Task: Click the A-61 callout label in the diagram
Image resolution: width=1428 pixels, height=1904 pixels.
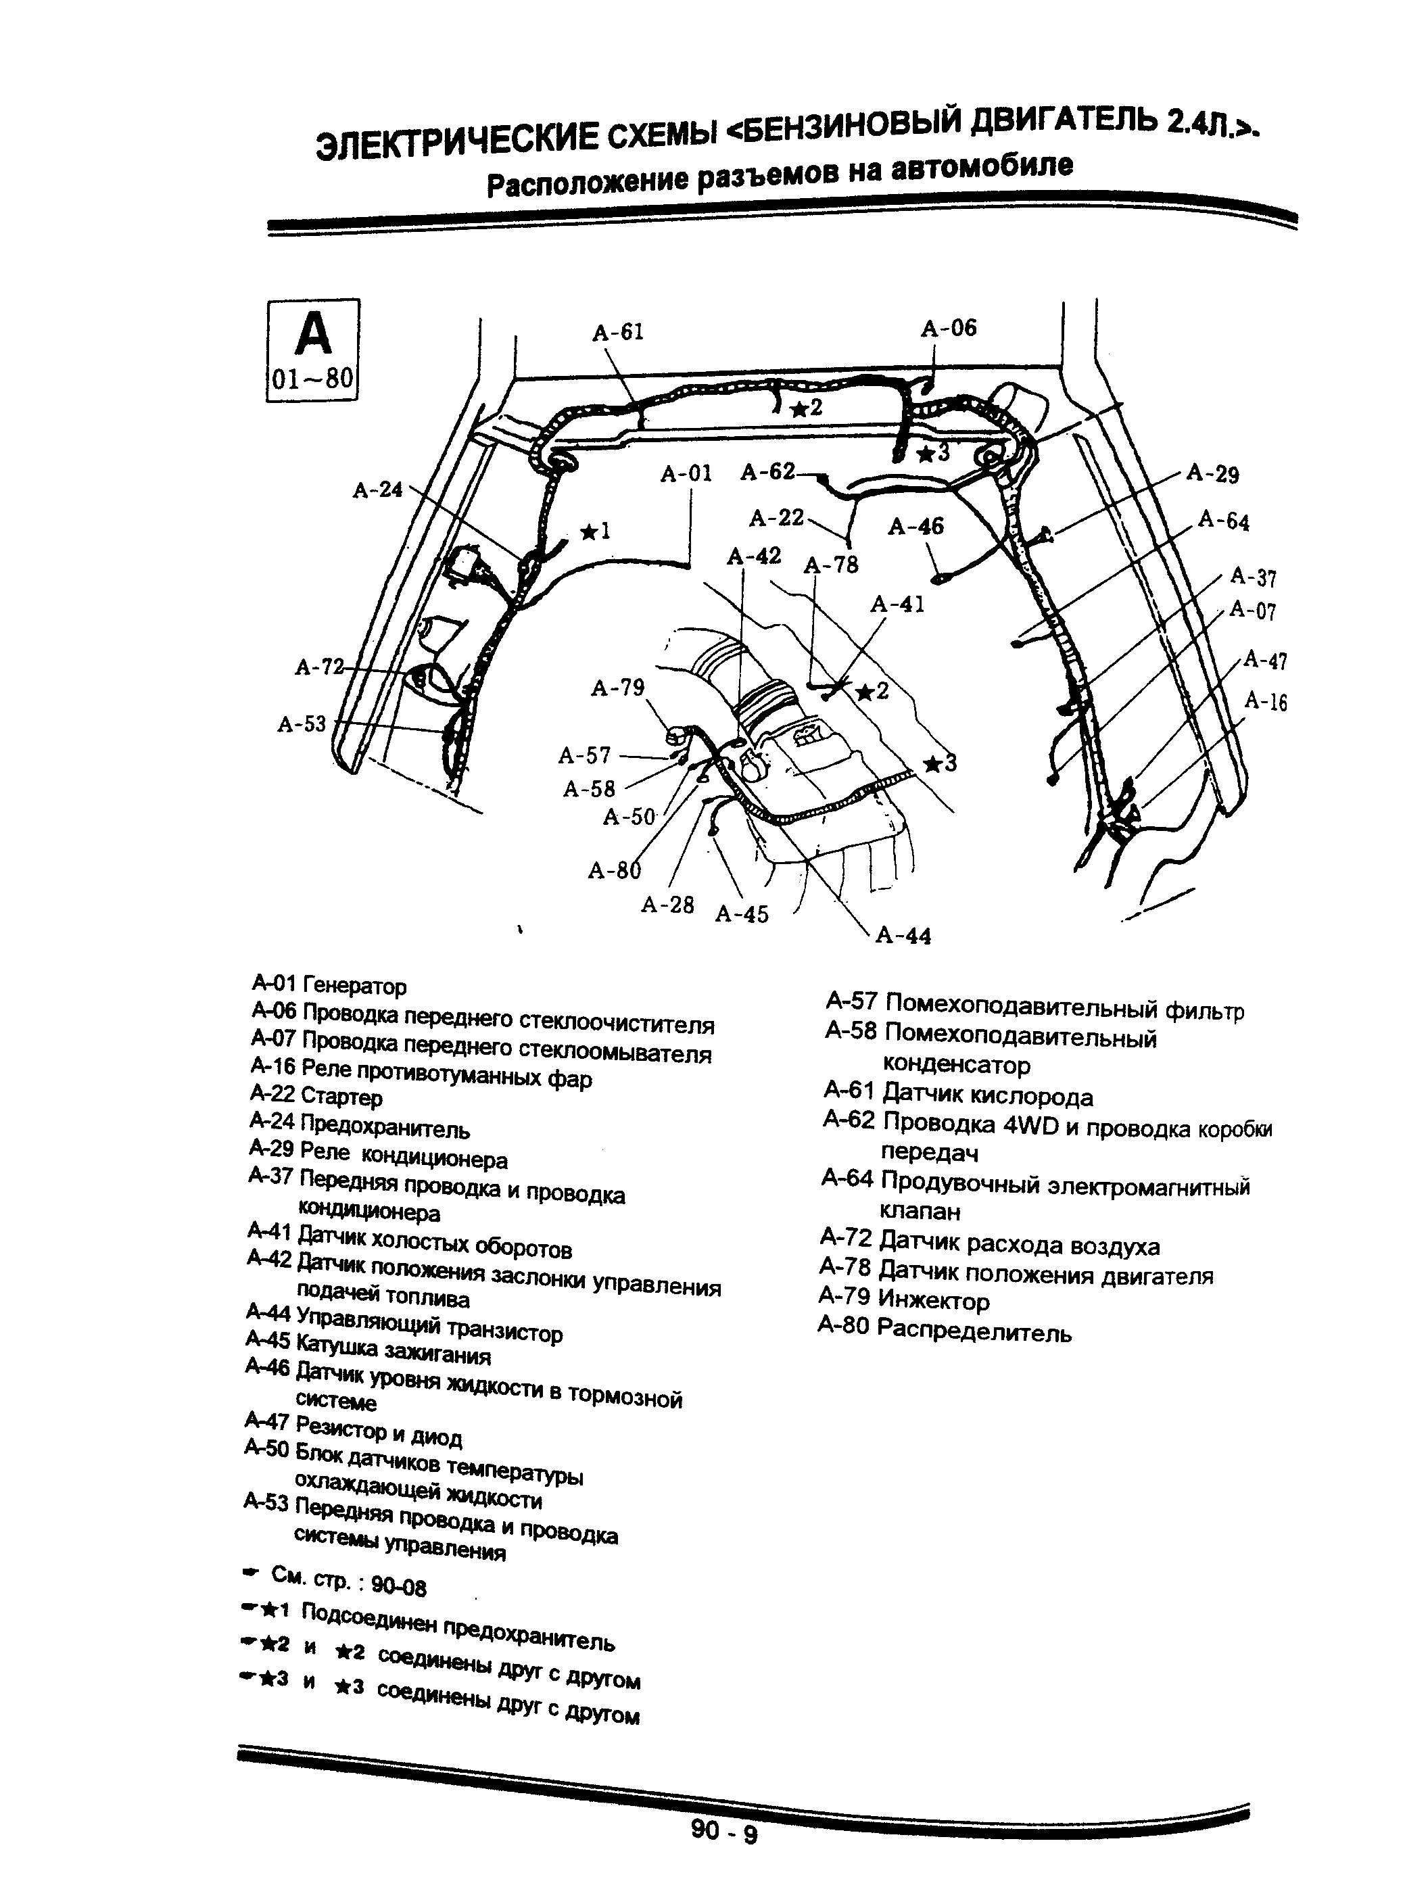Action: pyautogui.click(x=617, y=332)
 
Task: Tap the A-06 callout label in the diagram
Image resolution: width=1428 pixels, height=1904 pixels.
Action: pyautogui.click(x=949, y=328)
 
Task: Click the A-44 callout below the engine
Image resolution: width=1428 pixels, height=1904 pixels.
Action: pyautogui.click(x=903, y=936)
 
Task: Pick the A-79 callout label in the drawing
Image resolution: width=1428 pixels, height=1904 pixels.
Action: pyautogui.click(x=617, y=688)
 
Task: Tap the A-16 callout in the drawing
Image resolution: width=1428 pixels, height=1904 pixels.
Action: pyautogui.click(x=1265, y=703)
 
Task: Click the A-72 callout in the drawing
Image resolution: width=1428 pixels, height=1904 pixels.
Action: pyautogui.click(x=318, y=667)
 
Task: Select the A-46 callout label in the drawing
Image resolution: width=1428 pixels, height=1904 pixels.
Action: pyautogui.click(x=916, y=526)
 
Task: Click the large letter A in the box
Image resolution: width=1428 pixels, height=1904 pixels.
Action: pyautogui.click(x=312, y=335)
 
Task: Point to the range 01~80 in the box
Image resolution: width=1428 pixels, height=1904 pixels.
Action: pyautogui.click(x=312, y=379)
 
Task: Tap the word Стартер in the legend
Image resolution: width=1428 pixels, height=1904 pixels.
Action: pyautogui.click(x=341, y=1097)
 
